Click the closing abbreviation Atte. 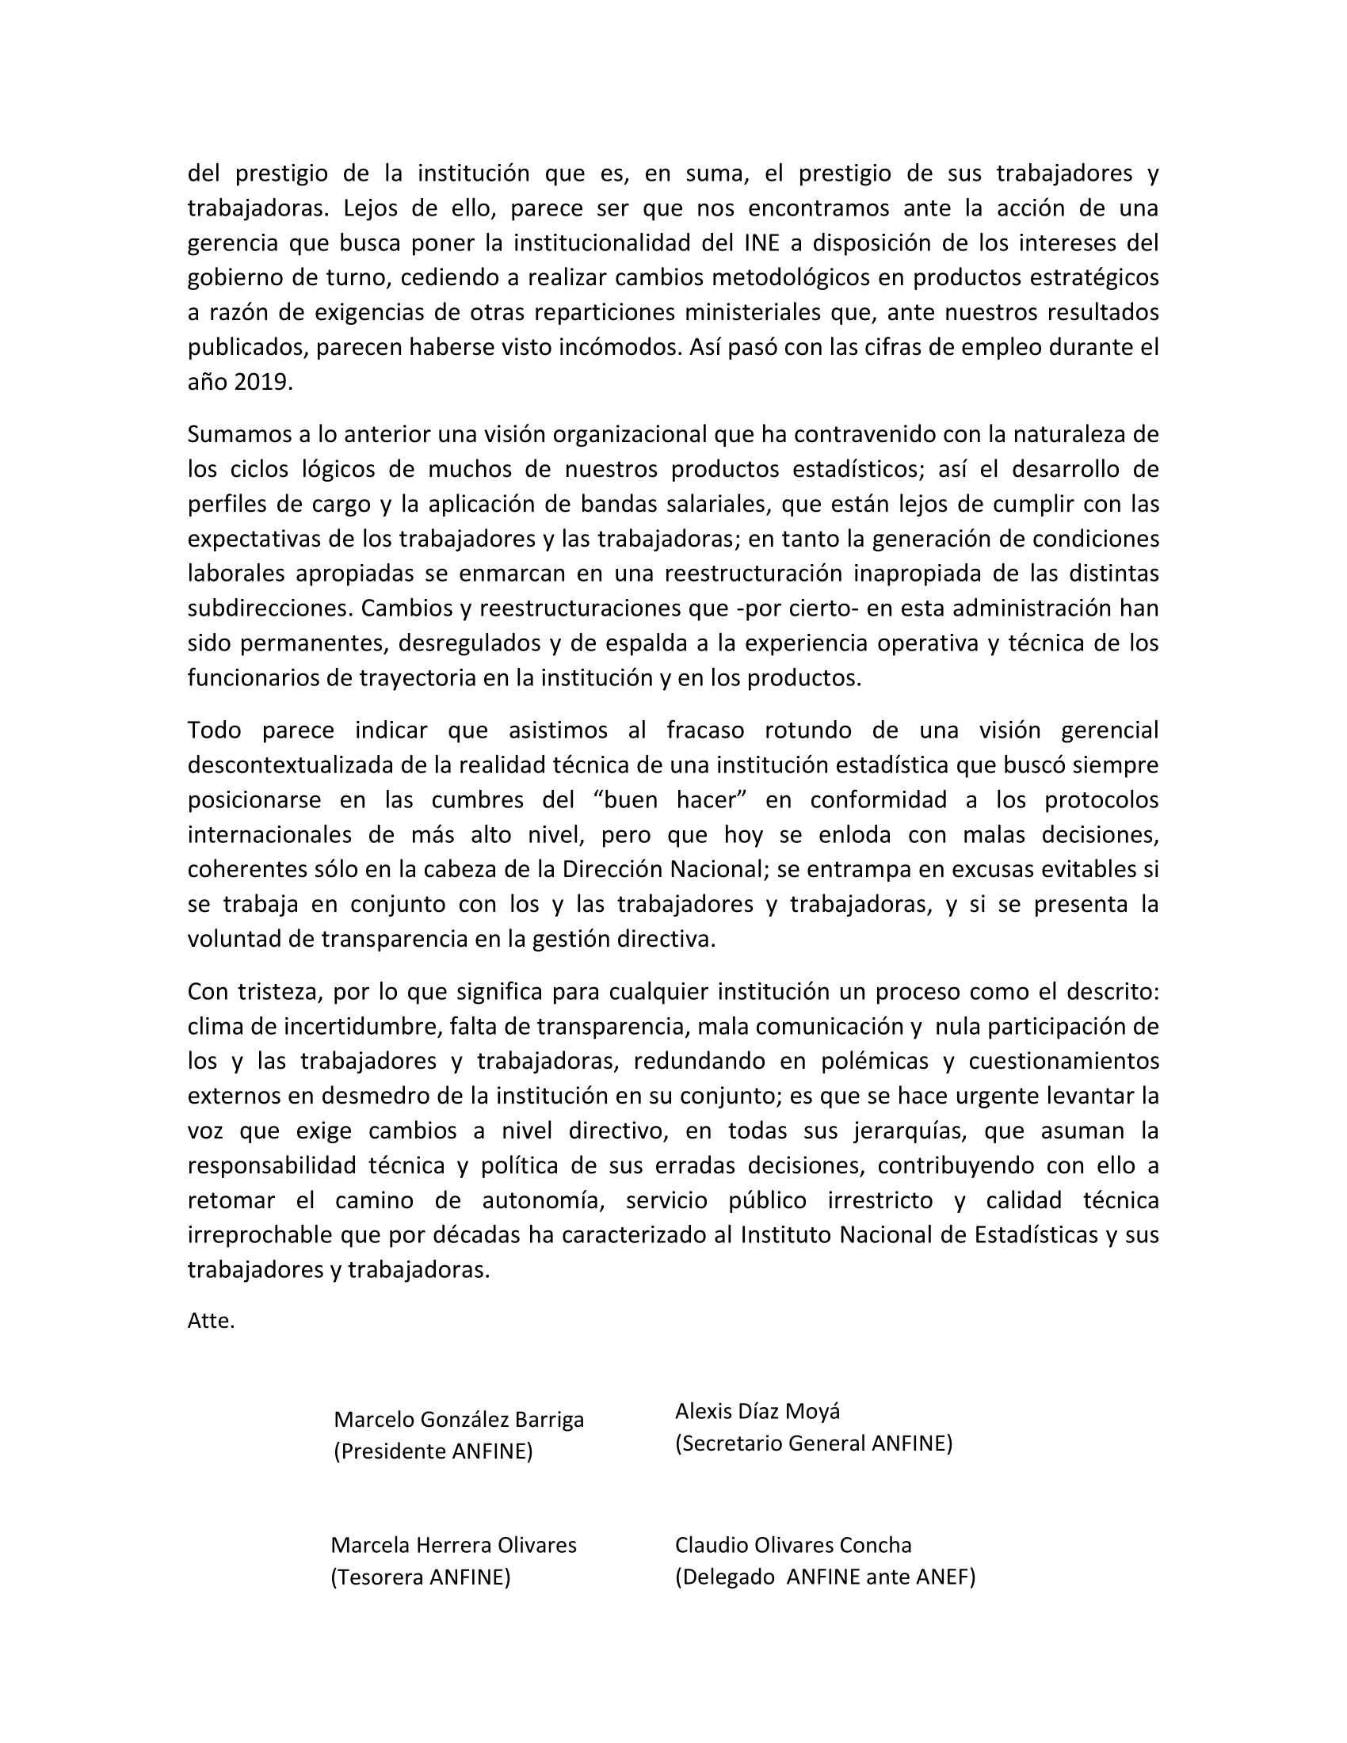click(211, 1321)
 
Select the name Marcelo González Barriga click(459, 1420)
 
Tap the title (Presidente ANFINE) click(433, 1451)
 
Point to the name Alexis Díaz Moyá click(757, 1412)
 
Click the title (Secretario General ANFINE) click(813, 1444)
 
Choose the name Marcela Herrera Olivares click(453, 1545)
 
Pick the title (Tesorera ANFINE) click(420, 1577)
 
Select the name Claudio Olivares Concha click(793, 1545)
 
